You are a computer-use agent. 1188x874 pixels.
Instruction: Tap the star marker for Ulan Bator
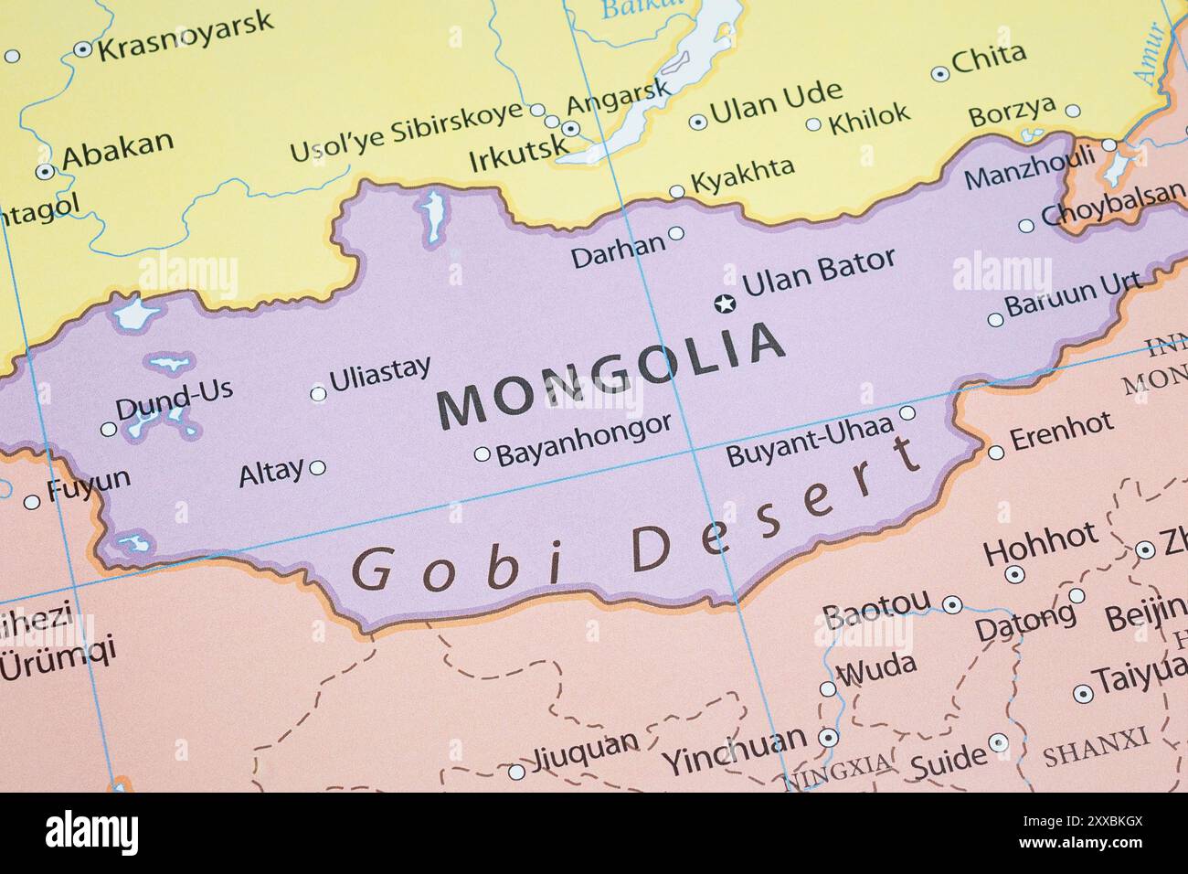pyautogui.click(x=725, y=303)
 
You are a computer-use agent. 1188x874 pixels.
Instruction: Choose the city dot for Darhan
pyautogui.click(x=676, y=233)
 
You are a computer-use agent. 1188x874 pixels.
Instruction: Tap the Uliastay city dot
pyautogui.click(x=318, y=395)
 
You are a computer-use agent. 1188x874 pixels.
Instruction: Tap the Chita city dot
pyautogui.click(x=939, y=74)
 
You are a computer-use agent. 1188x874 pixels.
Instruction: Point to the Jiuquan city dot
pyautogui.click(x=516, y=772)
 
